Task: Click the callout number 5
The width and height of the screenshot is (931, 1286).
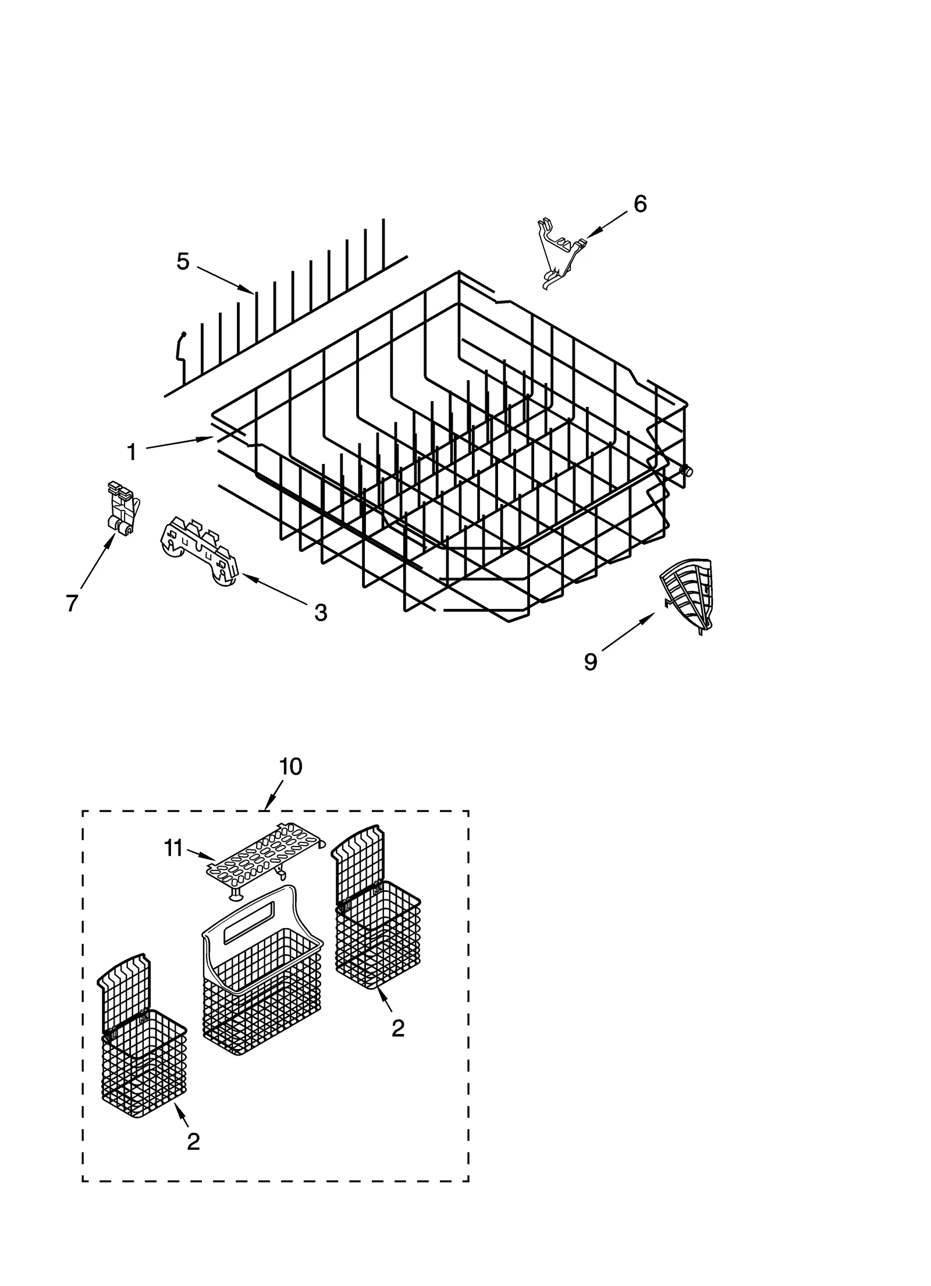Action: pyautogui.click(x=183, y=262)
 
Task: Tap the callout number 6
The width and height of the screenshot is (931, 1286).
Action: pyautogui.click(x=639, y=204)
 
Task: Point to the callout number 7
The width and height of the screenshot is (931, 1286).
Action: pyautogui.click(x=72, y=604)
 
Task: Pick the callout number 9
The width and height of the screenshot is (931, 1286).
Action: pyautogui.click(x=591, y=661)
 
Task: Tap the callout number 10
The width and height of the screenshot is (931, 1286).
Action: pyautogui.click(x=290, y=767)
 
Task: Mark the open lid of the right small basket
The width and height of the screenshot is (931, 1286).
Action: pyautogui.click(x=358, y=862)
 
